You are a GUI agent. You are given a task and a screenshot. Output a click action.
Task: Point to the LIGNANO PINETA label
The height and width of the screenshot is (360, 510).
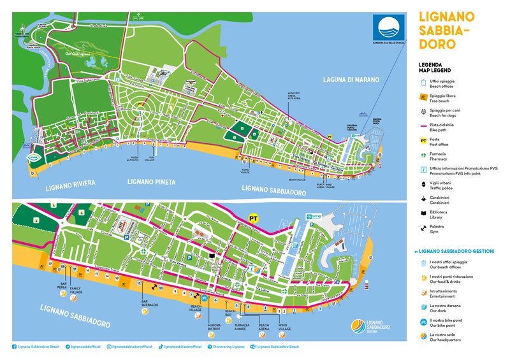[x=151, y=182]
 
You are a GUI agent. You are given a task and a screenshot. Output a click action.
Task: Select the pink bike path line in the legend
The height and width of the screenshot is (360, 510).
[x=423, y=125]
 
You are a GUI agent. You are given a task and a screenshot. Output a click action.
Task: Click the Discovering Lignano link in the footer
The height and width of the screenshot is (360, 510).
[x=228, y=347]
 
